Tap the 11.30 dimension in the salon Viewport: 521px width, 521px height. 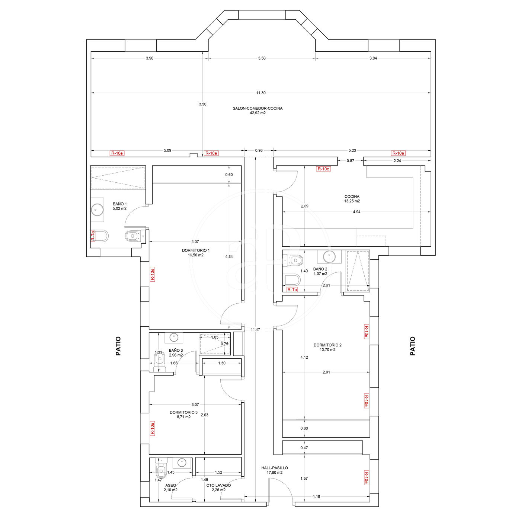pos(260,93)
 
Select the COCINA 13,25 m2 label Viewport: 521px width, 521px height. pos(352,199)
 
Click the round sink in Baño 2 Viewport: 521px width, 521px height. pos(329,256)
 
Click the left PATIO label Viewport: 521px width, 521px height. pos(118,346)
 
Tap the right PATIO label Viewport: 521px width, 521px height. pos(413,346)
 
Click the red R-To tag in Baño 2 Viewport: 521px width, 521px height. pos(292,290)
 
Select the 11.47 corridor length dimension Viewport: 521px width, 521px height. pos(255,330)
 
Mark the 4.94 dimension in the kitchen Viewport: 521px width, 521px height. pos(357,212)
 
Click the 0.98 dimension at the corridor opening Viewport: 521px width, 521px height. pos(259,150)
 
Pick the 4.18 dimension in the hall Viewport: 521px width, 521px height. pos(316,496)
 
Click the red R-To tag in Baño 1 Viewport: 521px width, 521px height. pos(93,236)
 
